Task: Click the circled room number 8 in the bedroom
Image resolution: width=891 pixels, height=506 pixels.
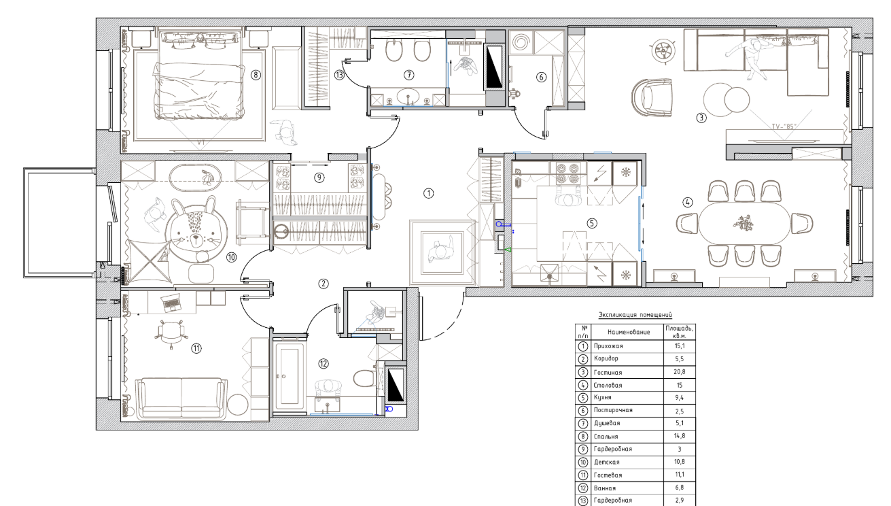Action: tap(256, 75)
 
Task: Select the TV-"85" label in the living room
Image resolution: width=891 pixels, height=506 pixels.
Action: tap(784, 126)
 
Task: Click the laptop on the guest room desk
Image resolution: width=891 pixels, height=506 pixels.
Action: tap(171, 303)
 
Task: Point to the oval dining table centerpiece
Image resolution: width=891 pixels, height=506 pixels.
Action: tap(744, 223)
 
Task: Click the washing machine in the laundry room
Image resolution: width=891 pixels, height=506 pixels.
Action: tap(520, 41)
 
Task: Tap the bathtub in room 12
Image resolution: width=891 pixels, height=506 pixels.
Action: tap(289, 377)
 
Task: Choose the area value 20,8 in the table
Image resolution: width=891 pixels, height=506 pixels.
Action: tap(680, 372)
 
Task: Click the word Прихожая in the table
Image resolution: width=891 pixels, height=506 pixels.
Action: tap(608, 346)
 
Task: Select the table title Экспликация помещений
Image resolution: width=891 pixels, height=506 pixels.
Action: tap(635, 315)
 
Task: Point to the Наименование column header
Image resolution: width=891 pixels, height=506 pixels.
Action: tap(629, 332)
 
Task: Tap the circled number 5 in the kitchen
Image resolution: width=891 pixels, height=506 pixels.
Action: tap(592, 223)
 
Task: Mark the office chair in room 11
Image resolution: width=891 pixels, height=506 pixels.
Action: tap(171, 332)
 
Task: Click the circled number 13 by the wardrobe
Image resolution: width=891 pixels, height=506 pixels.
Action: tap(339, 75)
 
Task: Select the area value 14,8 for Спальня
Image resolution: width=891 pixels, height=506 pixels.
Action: tap(680, 436)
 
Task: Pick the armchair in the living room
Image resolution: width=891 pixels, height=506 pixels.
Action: tap(652, 97)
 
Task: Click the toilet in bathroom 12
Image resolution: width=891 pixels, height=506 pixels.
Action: tap(364, 378)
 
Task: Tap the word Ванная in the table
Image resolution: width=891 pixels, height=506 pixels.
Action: tap(605, 488)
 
